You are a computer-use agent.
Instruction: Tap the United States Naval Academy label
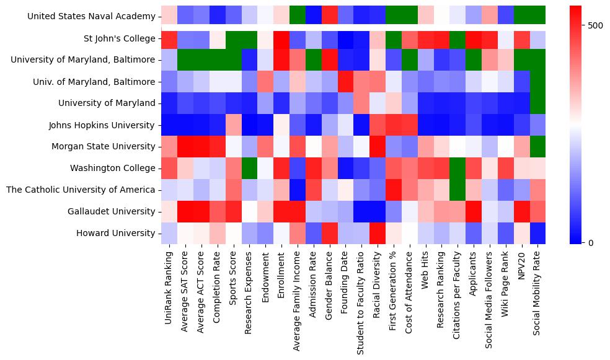click(91, 16)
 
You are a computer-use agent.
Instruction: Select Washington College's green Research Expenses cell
click(249, 168)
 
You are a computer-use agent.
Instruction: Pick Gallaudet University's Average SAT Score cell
click(185, 211)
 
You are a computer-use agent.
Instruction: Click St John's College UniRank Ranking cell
click(169, 38)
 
